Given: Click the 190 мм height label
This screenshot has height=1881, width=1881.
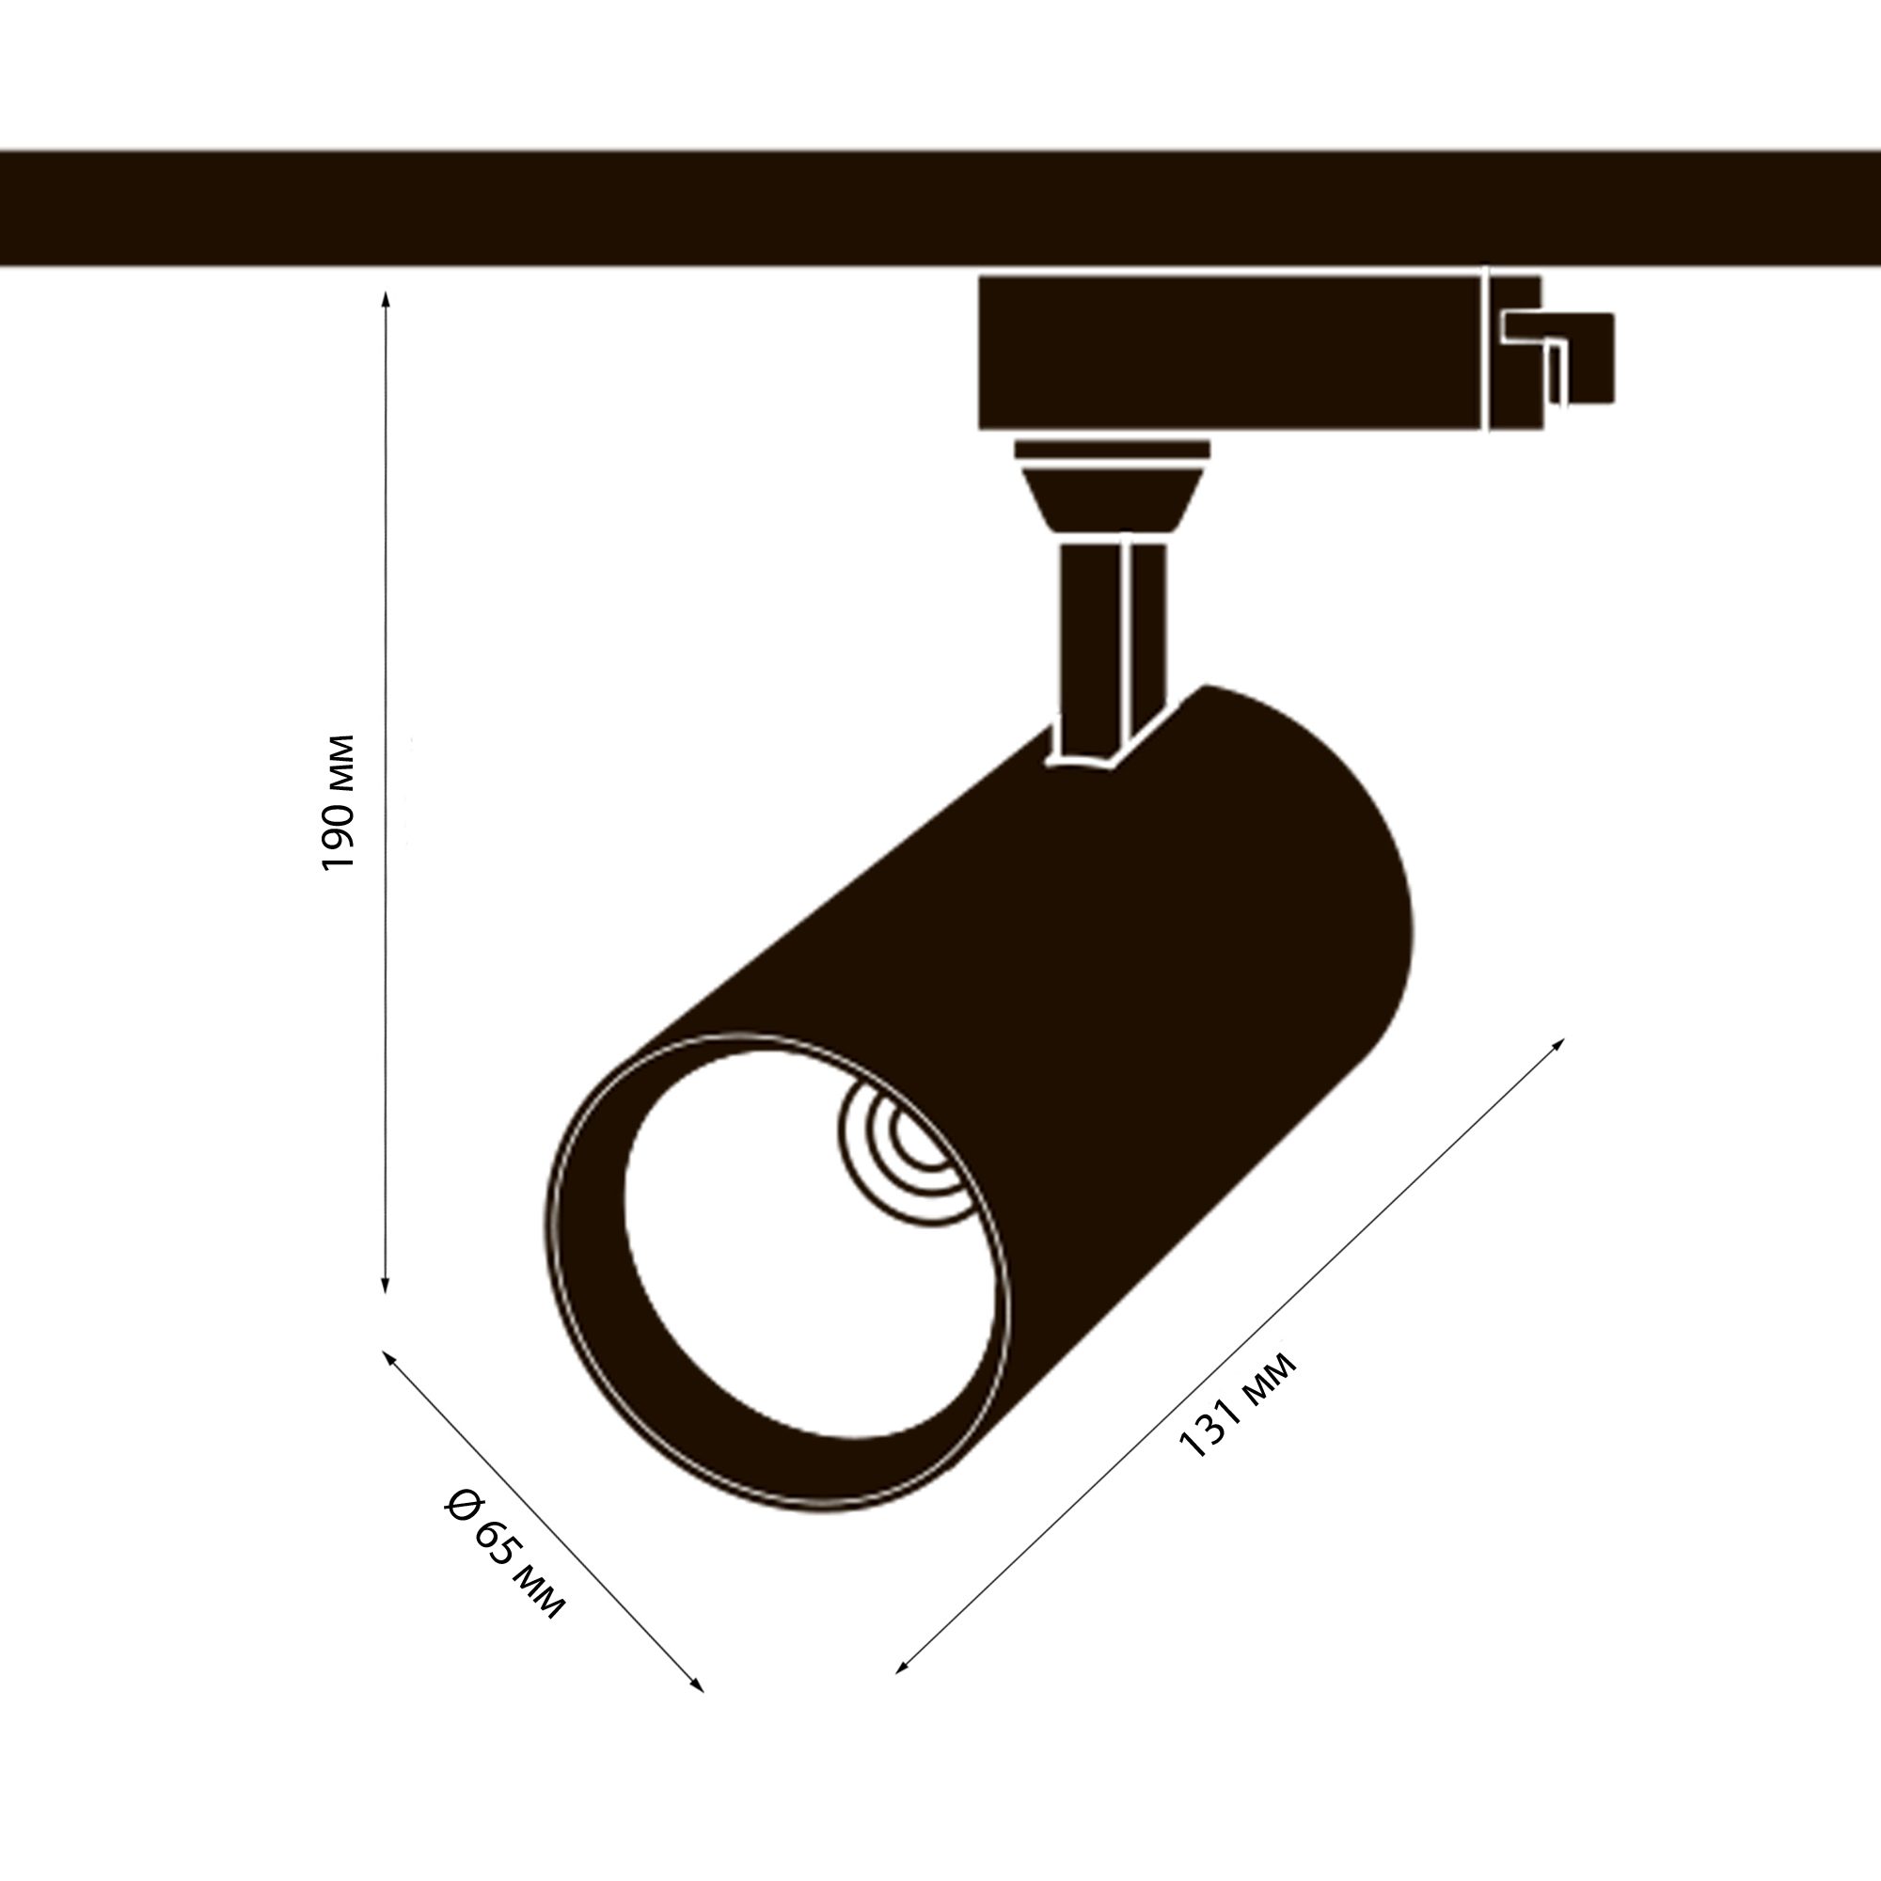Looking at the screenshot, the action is pyautogui.click(x=338, y=803).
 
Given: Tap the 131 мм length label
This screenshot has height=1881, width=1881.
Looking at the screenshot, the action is pyautogui.click(x=1238, y=1405).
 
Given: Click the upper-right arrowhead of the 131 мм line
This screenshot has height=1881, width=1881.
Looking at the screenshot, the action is pyautogui.click(x=1557, y=1045).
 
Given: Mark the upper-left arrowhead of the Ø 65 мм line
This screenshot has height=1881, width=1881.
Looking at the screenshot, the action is pyautogui.click(x=388, y=1357).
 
